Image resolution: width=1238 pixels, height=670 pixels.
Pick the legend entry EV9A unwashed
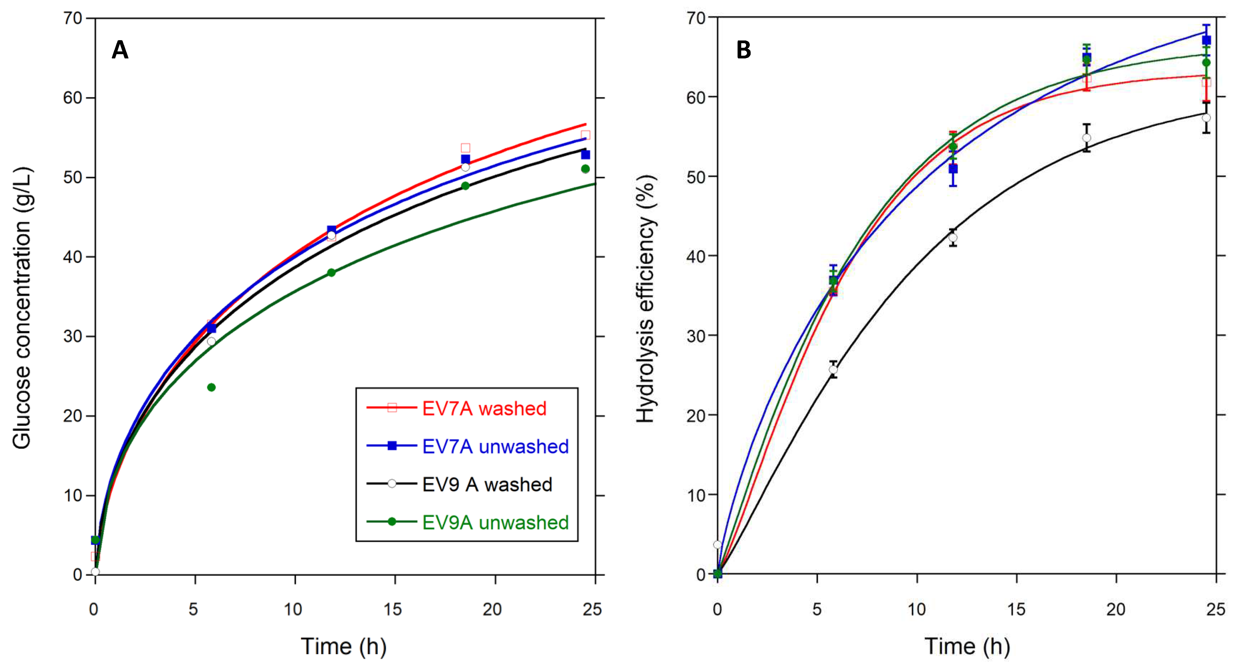tap(495, 522)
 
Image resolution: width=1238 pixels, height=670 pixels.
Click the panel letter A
tap(120, 50)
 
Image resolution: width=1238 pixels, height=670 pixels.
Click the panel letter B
tap(743, 50)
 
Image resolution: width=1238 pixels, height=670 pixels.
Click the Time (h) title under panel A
tap(344, 647)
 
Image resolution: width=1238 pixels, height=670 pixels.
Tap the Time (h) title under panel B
tap(967, 647)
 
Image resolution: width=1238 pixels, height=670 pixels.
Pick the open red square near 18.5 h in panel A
tap(465, 148)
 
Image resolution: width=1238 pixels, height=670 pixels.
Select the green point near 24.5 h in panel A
tap(585, 169)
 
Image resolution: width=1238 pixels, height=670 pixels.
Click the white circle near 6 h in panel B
tap(833, 370)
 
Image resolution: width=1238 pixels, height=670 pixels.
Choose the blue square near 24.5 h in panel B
tap(1206, 40)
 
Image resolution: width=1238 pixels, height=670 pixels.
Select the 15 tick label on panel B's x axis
tap(1016, 609)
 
